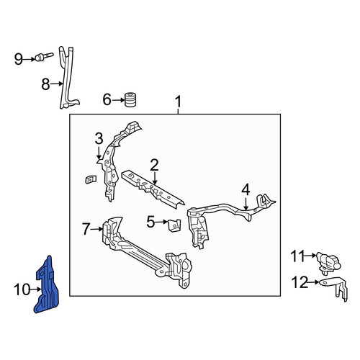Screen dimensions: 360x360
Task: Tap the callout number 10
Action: (22, 289)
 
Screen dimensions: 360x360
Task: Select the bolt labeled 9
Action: (44, 57)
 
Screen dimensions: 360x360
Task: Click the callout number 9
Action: (18, 59)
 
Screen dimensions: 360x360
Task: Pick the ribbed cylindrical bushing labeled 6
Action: (130, 99)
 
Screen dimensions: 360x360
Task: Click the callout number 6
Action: (107, 99)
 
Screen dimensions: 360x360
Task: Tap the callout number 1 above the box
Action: (178, 102)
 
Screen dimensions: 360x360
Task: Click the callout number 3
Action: (99, 139)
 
